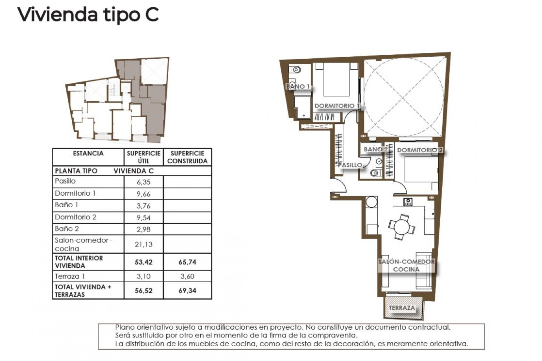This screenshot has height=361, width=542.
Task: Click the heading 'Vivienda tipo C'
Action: coord(88,15)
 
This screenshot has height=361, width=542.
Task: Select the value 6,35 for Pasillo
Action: coord(143,182)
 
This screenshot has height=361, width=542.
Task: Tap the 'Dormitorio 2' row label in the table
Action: coord(76,217)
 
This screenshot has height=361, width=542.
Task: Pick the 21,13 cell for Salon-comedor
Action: coord(143,244)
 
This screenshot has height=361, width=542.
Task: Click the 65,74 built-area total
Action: coord(187,262)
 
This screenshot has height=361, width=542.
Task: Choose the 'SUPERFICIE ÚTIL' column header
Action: coord(143,157)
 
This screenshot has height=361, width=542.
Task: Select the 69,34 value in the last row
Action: coord(187,290)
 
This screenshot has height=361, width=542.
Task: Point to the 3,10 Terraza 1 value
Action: coord(143,276)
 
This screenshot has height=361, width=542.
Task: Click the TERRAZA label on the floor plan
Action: coord(402,308)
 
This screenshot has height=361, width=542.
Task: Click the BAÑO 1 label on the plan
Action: coord(298,87)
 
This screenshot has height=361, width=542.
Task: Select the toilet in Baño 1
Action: coord(295,69)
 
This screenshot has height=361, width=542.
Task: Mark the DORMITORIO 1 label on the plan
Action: coord(337,106)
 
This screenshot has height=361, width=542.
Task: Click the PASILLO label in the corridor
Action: coord(350,165)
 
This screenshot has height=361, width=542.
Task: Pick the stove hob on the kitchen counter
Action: coord(408,202)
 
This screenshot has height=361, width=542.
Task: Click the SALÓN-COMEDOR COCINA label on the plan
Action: coord(406,265)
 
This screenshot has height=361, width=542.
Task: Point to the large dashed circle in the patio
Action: coord(404,96)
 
